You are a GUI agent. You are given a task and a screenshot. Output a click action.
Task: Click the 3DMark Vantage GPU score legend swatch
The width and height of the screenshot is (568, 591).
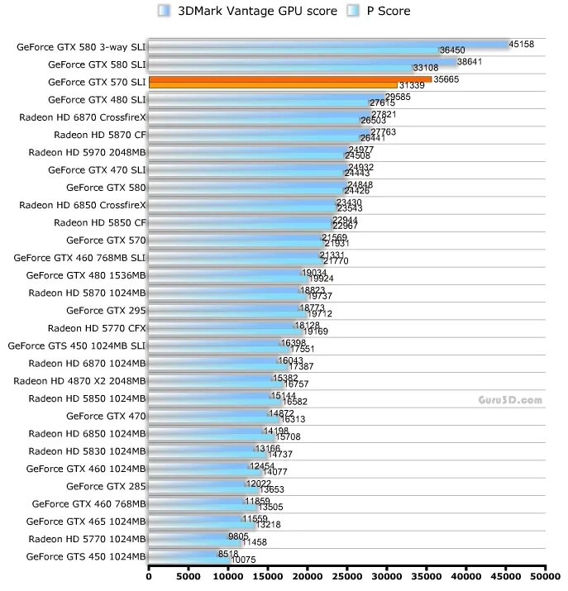[x=164, y=11]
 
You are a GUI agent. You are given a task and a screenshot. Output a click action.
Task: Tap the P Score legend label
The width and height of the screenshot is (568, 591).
[x=389, y=11]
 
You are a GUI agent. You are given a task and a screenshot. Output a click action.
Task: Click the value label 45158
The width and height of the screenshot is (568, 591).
[x=521, y=43]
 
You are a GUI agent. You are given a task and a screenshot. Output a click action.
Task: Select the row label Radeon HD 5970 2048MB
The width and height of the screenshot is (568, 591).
[x=87, y=152]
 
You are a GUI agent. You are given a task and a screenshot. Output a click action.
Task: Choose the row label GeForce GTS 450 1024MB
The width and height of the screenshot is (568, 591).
[x=86, y=555]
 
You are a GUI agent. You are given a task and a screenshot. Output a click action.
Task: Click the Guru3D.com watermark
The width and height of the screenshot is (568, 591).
[x=509, y=399]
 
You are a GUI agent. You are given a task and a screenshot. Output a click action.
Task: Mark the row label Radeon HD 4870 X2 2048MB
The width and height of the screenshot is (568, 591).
[x=80, y=380]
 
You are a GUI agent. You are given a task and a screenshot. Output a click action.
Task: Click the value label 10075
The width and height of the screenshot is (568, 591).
[x=243, y=560]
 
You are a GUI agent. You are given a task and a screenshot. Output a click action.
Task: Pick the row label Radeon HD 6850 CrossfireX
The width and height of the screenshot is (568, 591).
[x=83, y=204]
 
